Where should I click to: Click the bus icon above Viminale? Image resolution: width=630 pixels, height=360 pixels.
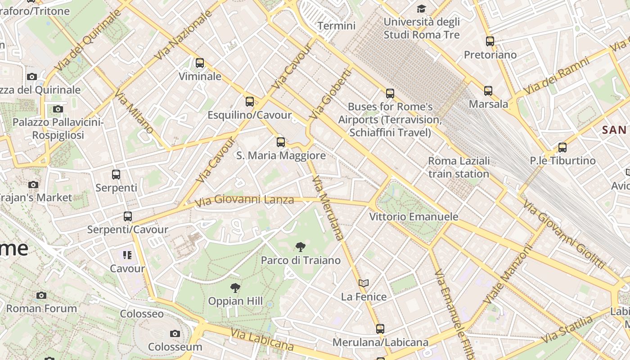pos(200,63)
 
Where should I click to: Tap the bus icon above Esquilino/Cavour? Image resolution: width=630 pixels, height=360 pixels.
pos(250,102)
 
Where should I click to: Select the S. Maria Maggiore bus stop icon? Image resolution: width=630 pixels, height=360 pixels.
pos(281,142)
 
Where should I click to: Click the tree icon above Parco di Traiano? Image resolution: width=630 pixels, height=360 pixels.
pos(301,247)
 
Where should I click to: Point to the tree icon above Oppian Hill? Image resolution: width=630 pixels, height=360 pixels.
pos(235,288)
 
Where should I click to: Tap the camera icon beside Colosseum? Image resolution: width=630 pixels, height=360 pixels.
pos(175,333)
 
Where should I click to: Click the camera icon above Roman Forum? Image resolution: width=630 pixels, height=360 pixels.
pos(41,295)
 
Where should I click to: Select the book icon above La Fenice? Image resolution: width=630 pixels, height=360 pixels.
pos(364,283)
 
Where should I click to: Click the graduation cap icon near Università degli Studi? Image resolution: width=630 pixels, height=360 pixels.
pos(421,9)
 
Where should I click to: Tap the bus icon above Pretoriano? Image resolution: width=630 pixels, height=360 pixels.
pos(490,41)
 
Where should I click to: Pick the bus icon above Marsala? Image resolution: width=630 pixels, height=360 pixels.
pos(488,91)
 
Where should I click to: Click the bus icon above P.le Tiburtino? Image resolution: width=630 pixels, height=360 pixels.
pos(562,147)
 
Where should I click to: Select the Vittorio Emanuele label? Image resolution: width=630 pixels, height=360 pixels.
pos(414,216)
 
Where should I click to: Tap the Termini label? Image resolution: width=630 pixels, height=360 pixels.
pos(337,26)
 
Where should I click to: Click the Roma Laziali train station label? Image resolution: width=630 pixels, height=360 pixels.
pos(459,167)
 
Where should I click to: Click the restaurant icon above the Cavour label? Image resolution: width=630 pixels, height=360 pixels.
pos(127,255)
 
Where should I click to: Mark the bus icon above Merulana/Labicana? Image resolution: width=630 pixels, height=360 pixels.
pos(380,329)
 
